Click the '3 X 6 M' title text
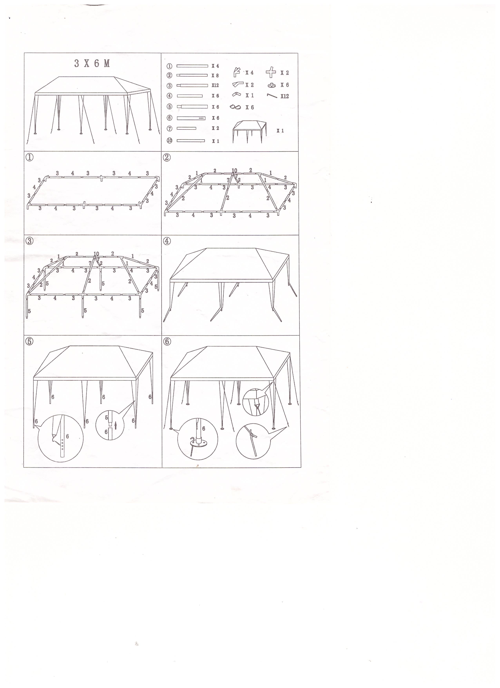92,63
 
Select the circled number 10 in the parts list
169,141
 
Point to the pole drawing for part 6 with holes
191,118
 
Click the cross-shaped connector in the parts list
271,73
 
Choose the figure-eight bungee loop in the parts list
235,107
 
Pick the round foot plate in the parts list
272,85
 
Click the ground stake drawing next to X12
272,96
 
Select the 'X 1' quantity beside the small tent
280,131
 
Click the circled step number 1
30,157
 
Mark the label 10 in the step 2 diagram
234,171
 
